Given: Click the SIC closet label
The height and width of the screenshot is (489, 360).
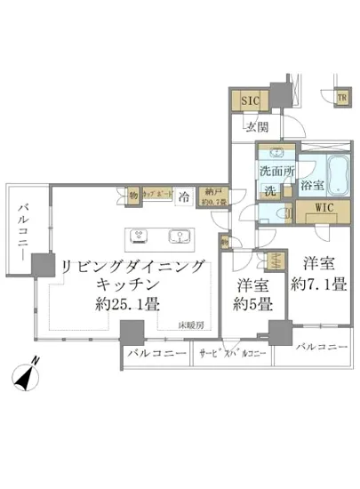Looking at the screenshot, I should [250, 101].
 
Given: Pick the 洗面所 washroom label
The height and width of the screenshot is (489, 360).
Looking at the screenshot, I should [274, 171].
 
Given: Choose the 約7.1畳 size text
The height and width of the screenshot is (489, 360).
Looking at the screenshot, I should [318, 285].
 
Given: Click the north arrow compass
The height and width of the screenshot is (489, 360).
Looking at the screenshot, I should [31, 378].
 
